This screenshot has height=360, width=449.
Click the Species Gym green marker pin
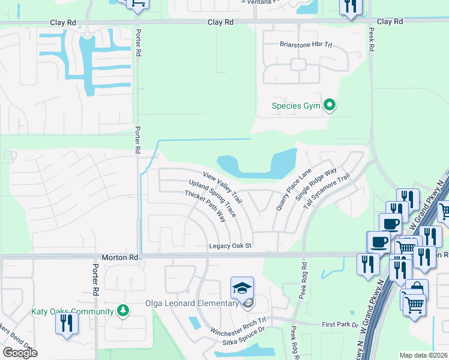[x=329, y=106]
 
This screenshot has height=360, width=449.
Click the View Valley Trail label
[x=222, y=187]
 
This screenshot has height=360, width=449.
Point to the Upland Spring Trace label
[x=212, y=198]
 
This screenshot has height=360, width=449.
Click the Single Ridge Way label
[x=316, y=187]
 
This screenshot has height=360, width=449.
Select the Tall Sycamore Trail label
[x=327, y=191]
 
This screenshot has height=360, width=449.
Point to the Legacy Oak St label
[x=230, y=246]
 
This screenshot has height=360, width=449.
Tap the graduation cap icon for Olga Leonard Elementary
[x=243, y=289]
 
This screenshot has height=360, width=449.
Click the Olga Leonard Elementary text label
[x=192, y=303]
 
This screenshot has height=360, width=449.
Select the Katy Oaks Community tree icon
[x=122, y=311]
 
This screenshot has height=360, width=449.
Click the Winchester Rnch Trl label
[x=238, y=327]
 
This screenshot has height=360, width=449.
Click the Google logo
[x=20, y=353]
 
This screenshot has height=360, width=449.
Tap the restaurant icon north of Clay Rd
[x=349, y=7]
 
